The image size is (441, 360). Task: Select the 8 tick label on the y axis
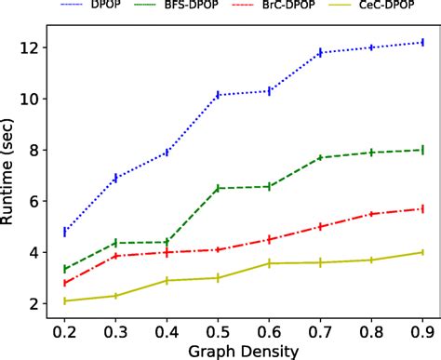coord(34,150)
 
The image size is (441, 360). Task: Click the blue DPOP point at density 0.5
coord(218,94)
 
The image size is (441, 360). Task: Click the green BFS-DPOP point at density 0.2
coord(65,269)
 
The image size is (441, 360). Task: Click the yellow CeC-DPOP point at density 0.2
coord(65,300)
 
